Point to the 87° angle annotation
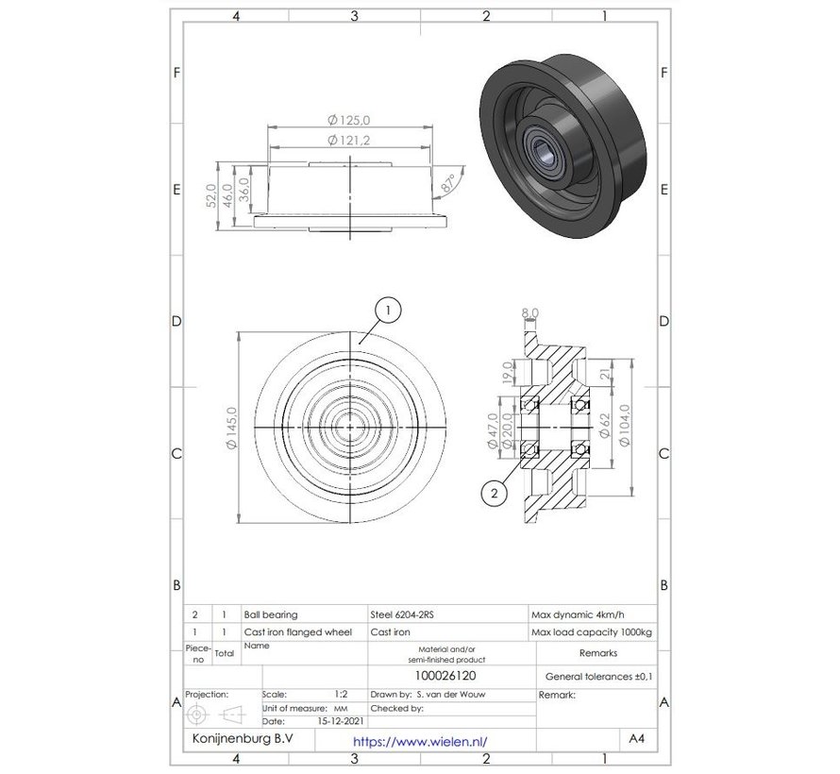[x=450, y=182]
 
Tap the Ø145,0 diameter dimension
[x=225, y=428]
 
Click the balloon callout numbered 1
[x=388, y=309]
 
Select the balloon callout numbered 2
[x=493, y=491]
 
